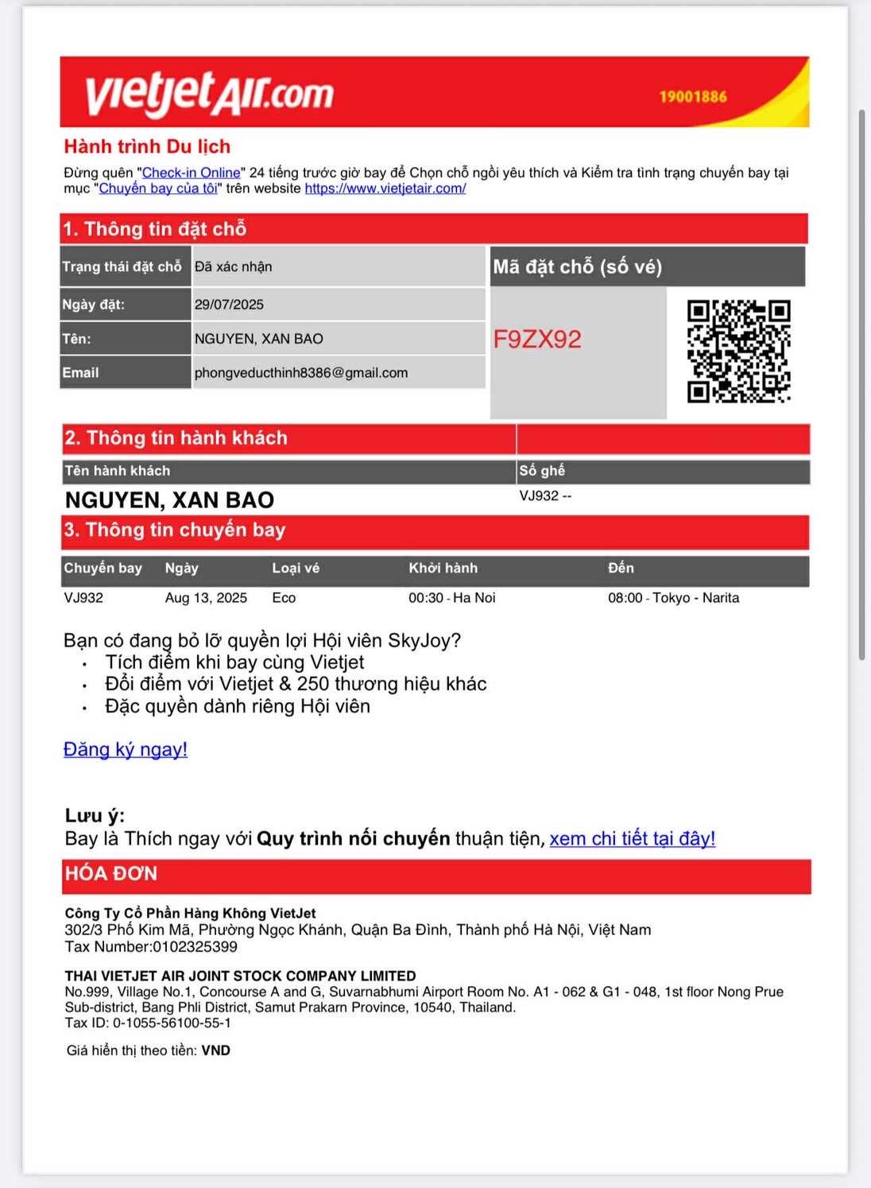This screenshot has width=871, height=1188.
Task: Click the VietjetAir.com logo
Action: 209,93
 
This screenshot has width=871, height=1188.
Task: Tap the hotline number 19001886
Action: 692,97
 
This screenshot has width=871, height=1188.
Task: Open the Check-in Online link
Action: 191,173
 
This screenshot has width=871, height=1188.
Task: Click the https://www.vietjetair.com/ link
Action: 385,188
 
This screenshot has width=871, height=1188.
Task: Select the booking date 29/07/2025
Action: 229,305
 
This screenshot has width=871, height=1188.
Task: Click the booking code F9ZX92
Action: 537,340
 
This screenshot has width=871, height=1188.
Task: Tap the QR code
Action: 738,351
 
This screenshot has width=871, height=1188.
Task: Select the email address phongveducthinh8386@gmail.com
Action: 301,373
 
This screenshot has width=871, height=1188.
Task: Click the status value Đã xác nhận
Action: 233,267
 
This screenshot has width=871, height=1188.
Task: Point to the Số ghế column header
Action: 542,471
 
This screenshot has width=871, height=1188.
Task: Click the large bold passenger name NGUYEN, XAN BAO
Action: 169,500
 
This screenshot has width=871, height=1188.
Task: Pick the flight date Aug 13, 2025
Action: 206,598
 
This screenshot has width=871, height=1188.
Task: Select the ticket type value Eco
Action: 284,598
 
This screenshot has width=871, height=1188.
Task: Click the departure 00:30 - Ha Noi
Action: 451,598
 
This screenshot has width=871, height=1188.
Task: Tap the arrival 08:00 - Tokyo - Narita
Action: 673,598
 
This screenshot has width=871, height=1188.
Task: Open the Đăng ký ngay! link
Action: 126,749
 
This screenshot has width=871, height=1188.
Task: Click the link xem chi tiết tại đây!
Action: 632,839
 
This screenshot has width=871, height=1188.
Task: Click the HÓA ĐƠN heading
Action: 111,874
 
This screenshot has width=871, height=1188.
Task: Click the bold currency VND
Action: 215,1050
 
